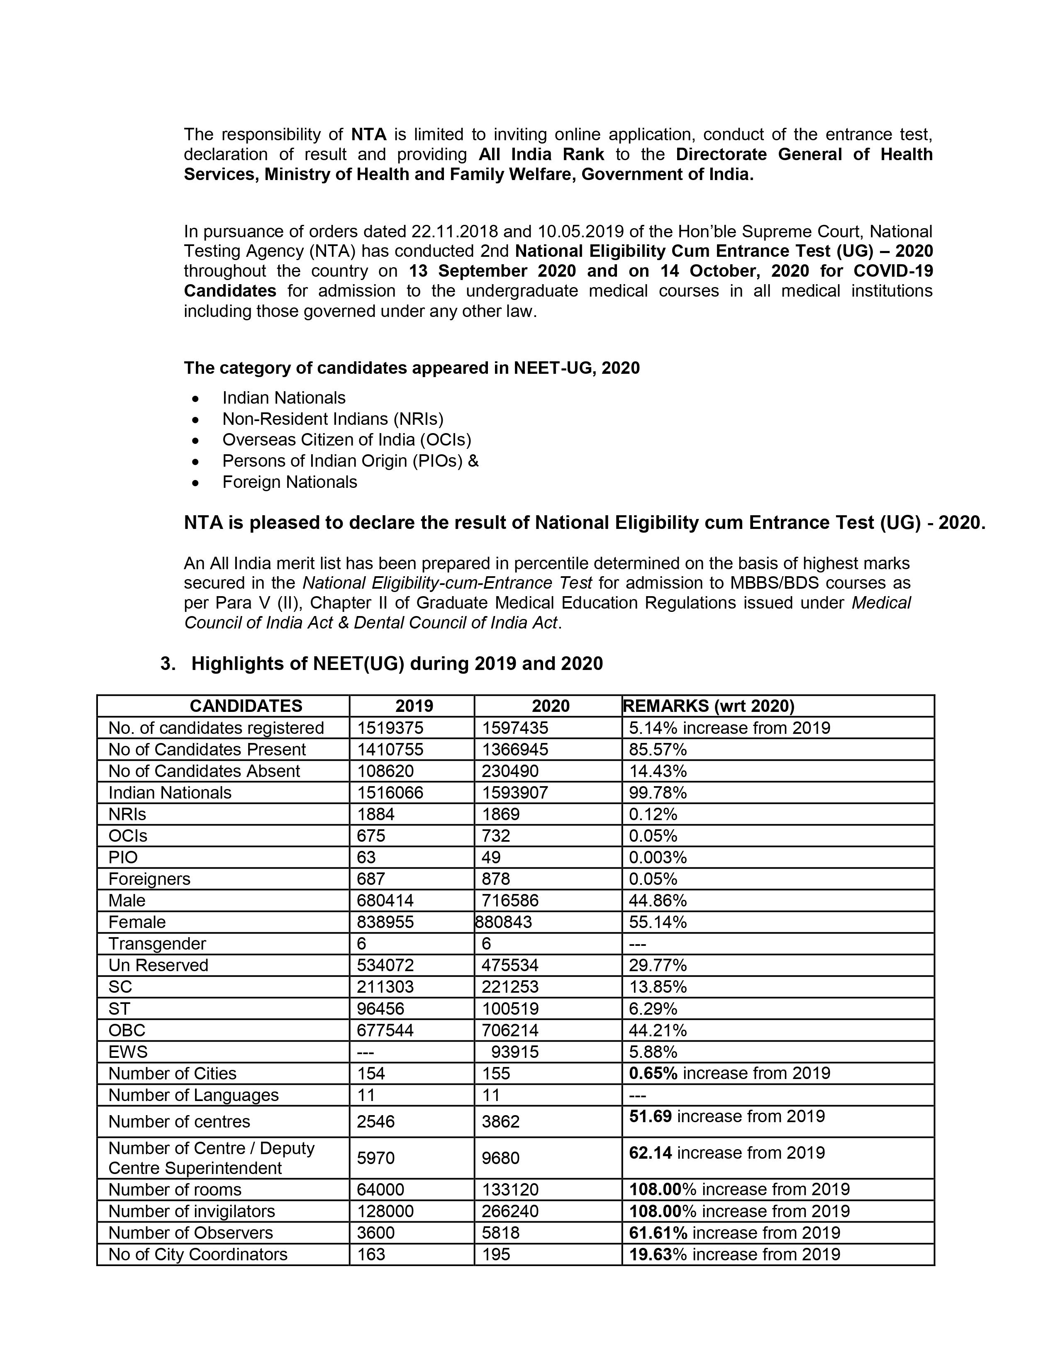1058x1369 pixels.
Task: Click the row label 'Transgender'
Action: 157,943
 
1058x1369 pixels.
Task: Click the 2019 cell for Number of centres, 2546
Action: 375,1121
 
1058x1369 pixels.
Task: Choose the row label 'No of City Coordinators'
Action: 197,1254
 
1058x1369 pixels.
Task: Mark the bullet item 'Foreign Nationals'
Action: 290,482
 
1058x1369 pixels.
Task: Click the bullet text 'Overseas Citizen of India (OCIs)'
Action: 346,439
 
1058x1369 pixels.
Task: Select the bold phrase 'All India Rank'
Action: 541,154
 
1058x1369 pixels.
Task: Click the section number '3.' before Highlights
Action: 168,664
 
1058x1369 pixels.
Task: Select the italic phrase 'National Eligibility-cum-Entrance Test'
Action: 447,583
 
